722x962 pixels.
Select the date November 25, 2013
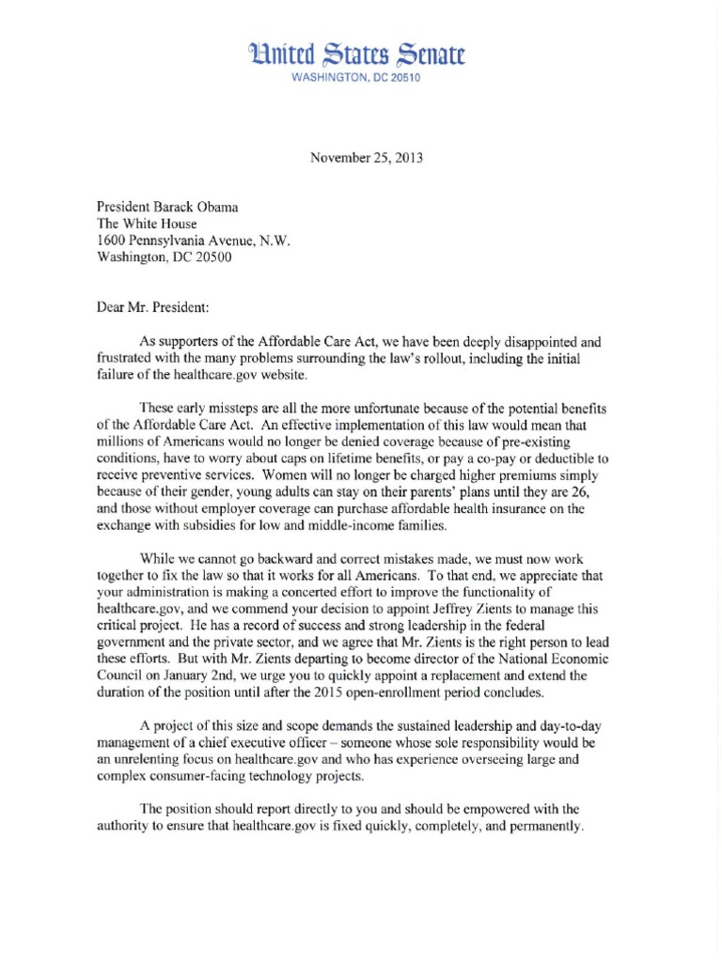coord(367,158)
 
